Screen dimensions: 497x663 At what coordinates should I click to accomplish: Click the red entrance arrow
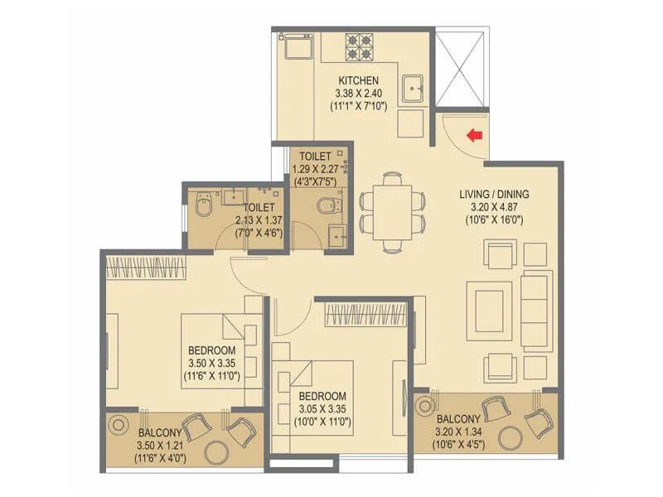[x=474, y=135]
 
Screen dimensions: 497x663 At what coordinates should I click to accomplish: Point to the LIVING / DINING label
[x=494, y=194]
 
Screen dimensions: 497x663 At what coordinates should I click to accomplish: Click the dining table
[x=392, y=210]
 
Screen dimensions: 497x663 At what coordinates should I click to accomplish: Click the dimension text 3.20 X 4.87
[x=494, y=207]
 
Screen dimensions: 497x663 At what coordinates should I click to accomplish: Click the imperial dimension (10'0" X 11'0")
[x=323, y=422]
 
